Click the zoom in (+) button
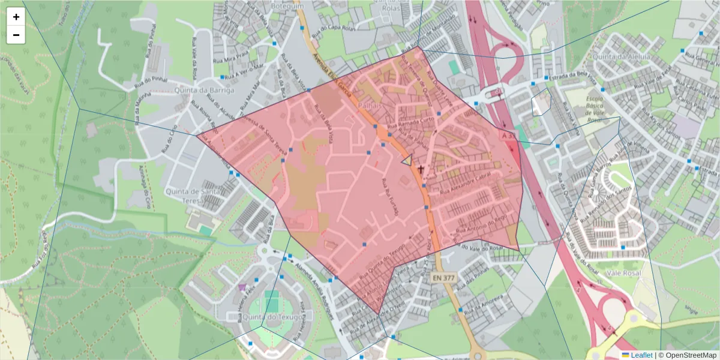click(16, 17)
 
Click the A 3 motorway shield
click(508, 137)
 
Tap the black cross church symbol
click(421, 170)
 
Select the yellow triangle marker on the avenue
click(407, 160)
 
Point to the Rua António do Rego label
click(484, 222)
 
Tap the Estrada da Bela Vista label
click(574, 77)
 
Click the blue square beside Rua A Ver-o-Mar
click(222, 77)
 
